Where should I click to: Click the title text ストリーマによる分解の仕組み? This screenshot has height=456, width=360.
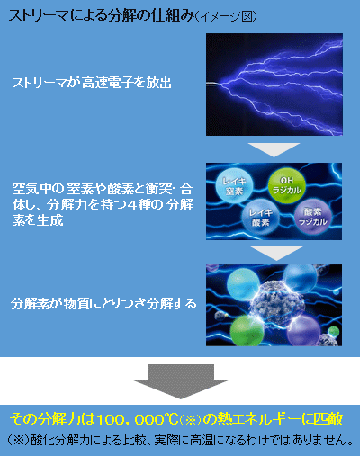101,15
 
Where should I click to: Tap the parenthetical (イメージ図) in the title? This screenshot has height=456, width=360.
226,16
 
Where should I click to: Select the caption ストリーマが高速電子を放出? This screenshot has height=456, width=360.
92,83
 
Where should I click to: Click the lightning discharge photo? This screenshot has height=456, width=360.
274,85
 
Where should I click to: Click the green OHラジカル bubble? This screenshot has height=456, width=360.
286,185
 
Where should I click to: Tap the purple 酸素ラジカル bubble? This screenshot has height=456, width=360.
313,217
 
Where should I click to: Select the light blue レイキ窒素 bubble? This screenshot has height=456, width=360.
234,186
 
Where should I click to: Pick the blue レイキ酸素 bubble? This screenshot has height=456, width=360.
261,218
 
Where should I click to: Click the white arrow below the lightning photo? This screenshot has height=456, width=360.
274,149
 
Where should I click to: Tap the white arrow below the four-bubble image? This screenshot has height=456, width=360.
276,253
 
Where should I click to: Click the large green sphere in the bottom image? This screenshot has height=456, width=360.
247,331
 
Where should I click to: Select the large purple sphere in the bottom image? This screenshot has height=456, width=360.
303,331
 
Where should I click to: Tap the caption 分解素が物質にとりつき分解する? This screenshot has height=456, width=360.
103,304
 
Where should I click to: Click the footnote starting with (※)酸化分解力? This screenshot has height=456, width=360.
180,440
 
